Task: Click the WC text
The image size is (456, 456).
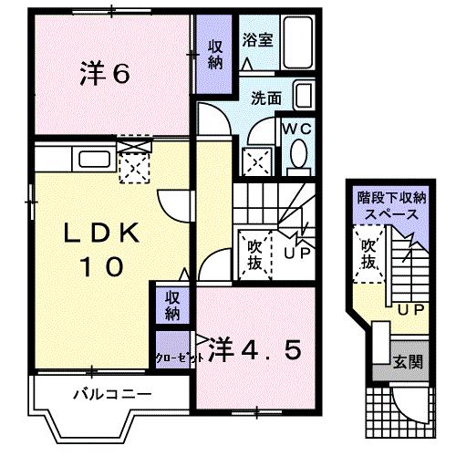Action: tap(296, 129)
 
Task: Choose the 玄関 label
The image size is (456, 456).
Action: tap(409, 361)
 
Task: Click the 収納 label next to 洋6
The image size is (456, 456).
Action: tap(215, 56)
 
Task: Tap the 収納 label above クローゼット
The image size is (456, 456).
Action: tap(171, 306)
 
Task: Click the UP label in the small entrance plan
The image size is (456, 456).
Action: tap(409, 308)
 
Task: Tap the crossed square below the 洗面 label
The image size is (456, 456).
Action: tap(255, 161)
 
